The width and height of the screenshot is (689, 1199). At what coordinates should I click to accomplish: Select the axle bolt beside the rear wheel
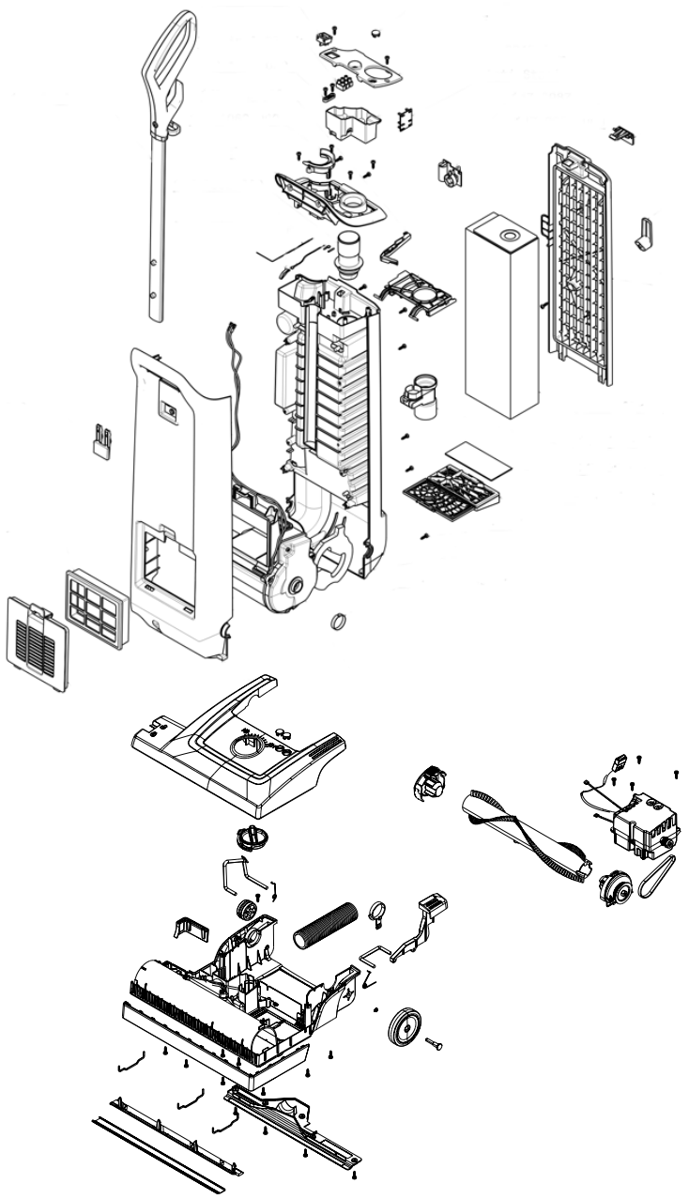click(x=435, y=1043)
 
